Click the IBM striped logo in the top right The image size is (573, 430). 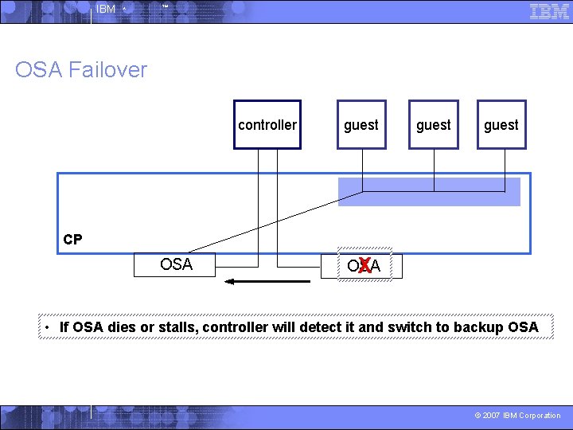[549, 11]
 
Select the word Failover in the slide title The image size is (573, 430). [107, 70]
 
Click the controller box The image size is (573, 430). [267, 125]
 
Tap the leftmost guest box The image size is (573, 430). [361, 125]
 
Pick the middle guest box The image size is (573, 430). [434, 125]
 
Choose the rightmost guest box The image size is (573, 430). [501, 125]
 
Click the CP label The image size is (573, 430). [72, 240]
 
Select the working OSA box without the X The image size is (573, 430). [176, 264]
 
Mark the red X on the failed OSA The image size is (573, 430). [364, 266]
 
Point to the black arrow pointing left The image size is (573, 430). [267, 281]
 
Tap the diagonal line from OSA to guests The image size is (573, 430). [271, 222]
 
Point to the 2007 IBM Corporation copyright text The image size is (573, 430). [517, 416]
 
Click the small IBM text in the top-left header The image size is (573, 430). [105, 10]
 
